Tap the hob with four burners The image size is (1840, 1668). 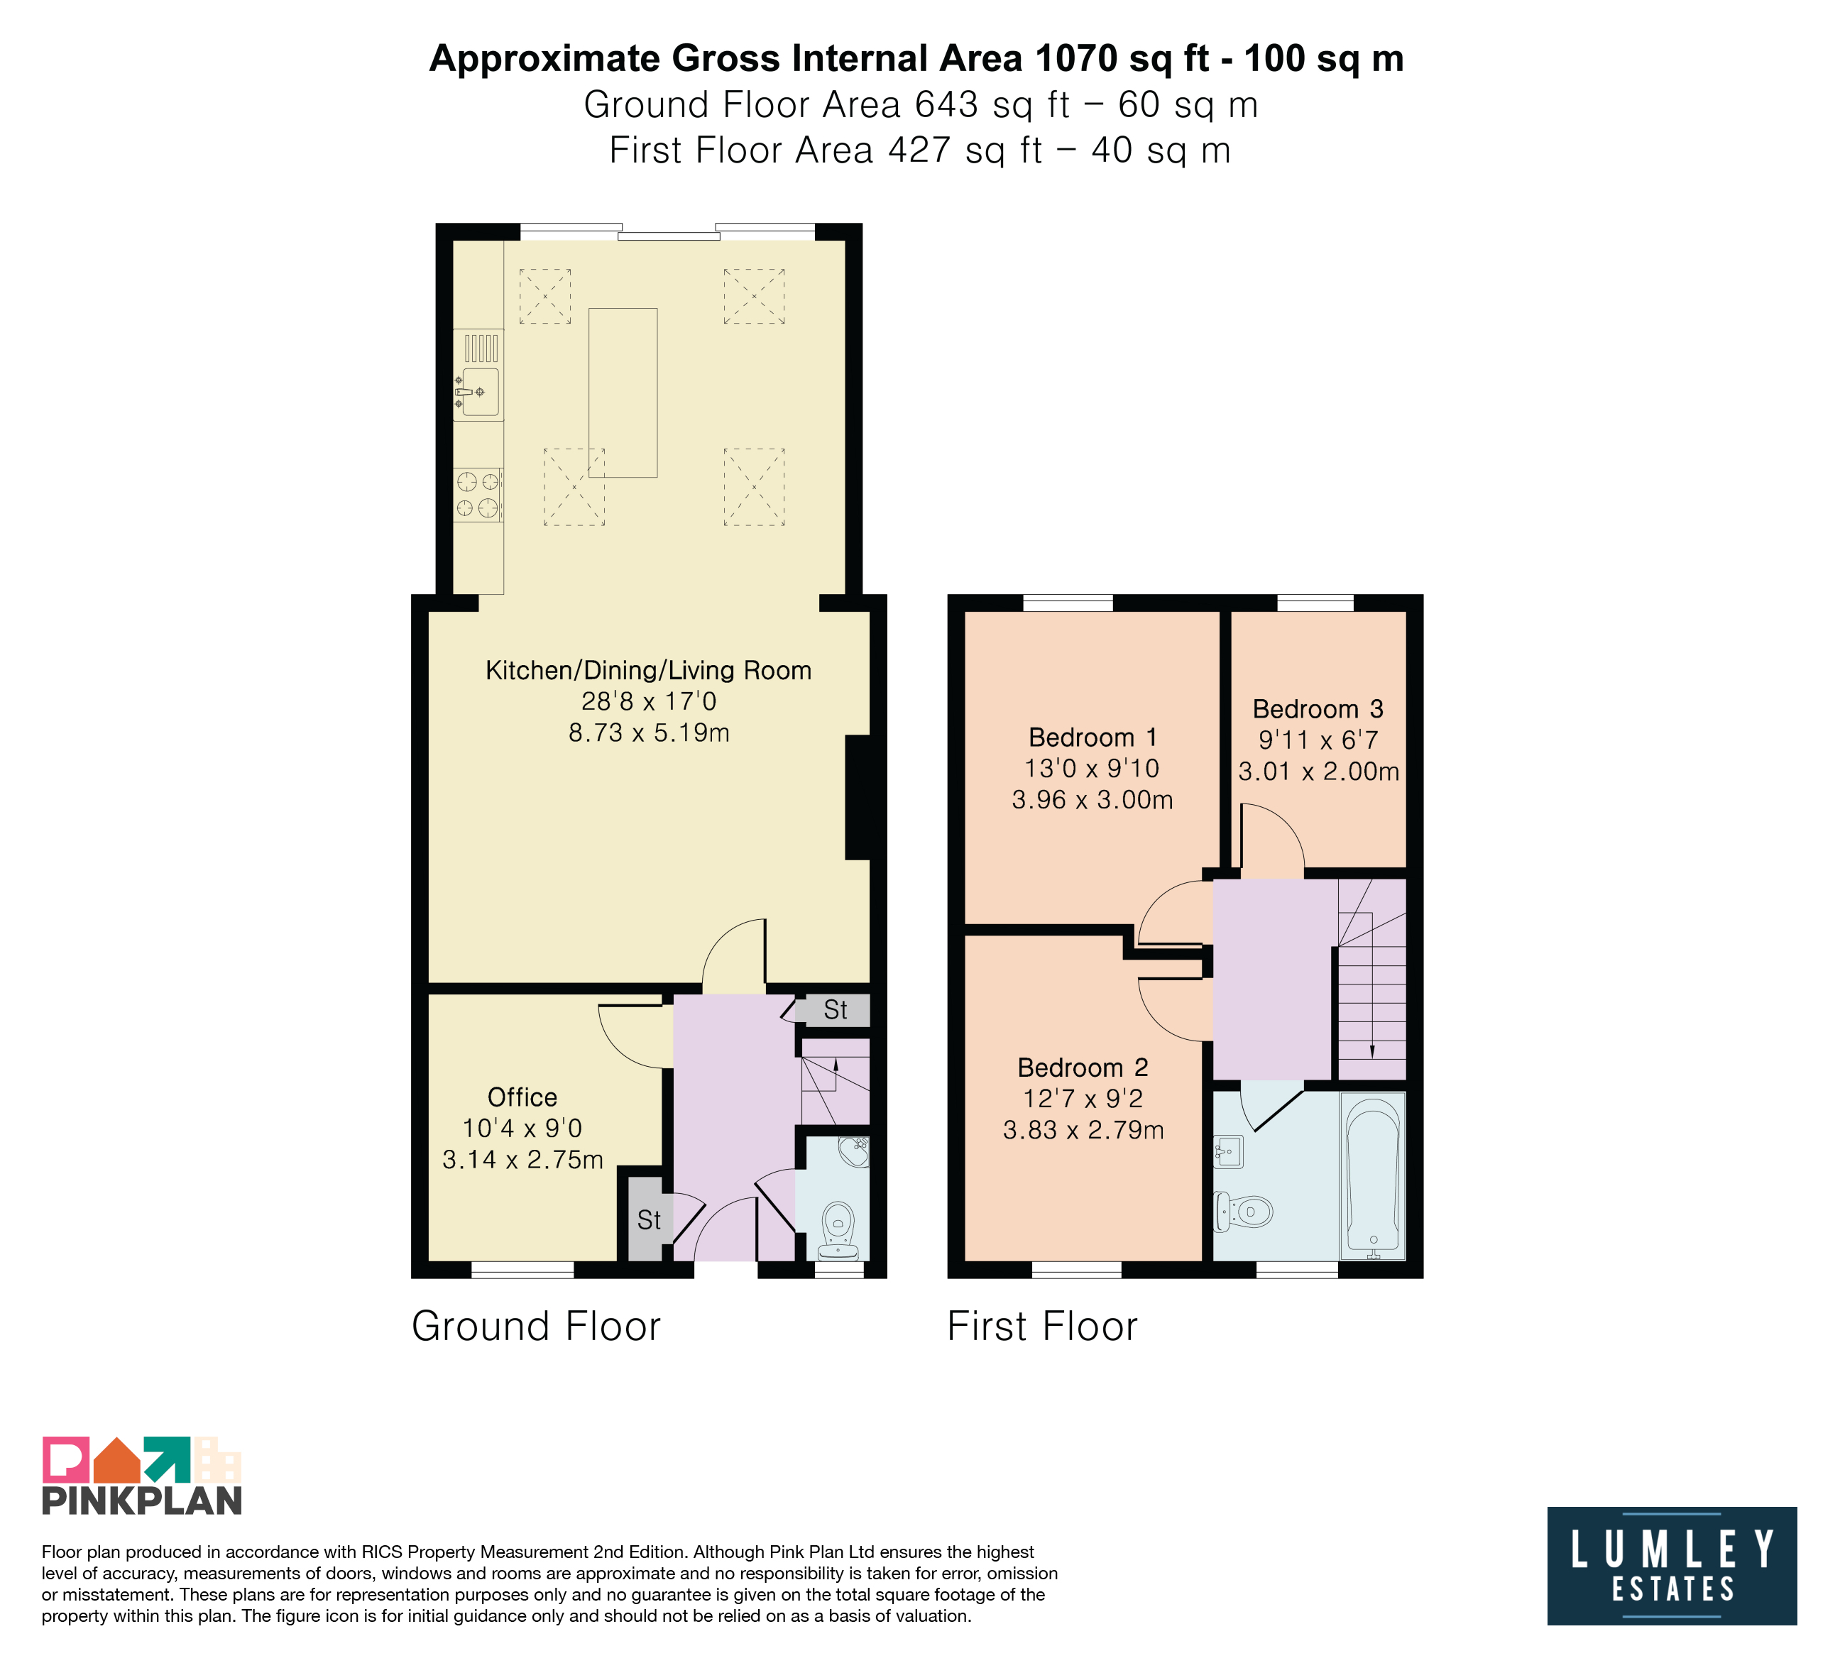point(478,495)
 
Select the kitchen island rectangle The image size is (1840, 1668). point(623,393)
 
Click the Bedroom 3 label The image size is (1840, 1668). point(1318,709)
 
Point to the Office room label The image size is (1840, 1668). point(522,1097)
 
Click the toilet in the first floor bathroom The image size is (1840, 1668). point(1243,1212)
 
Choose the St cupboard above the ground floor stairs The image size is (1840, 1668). point(833,1010)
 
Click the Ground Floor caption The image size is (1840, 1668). point(536,1326)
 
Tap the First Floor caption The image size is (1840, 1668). point(1042,1326)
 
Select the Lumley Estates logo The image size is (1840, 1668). point(1672,1566)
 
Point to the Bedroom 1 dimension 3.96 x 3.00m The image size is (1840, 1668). point(1092,800)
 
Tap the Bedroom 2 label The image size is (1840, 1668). point(1083,1068)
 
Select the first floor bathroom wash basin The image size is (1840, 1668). point(1229,1151)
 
